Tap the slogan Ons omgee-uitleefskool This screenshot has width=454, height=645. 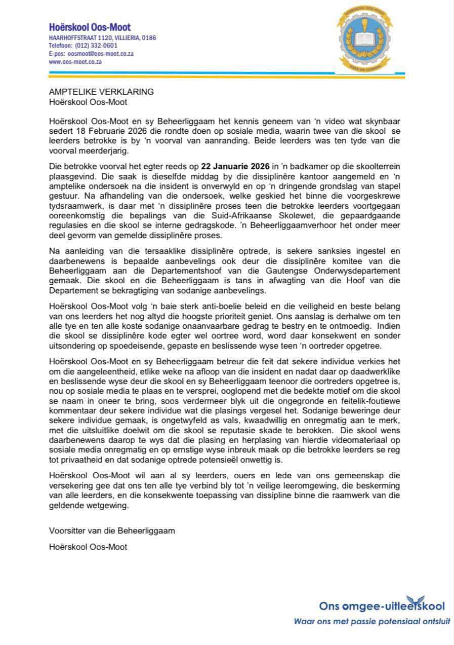click(382, 606)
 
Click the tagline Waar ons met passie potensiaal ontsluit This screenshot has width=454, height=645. click(372, 621)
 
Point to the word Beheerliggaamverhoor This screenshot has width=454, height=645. click(329, 226)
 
